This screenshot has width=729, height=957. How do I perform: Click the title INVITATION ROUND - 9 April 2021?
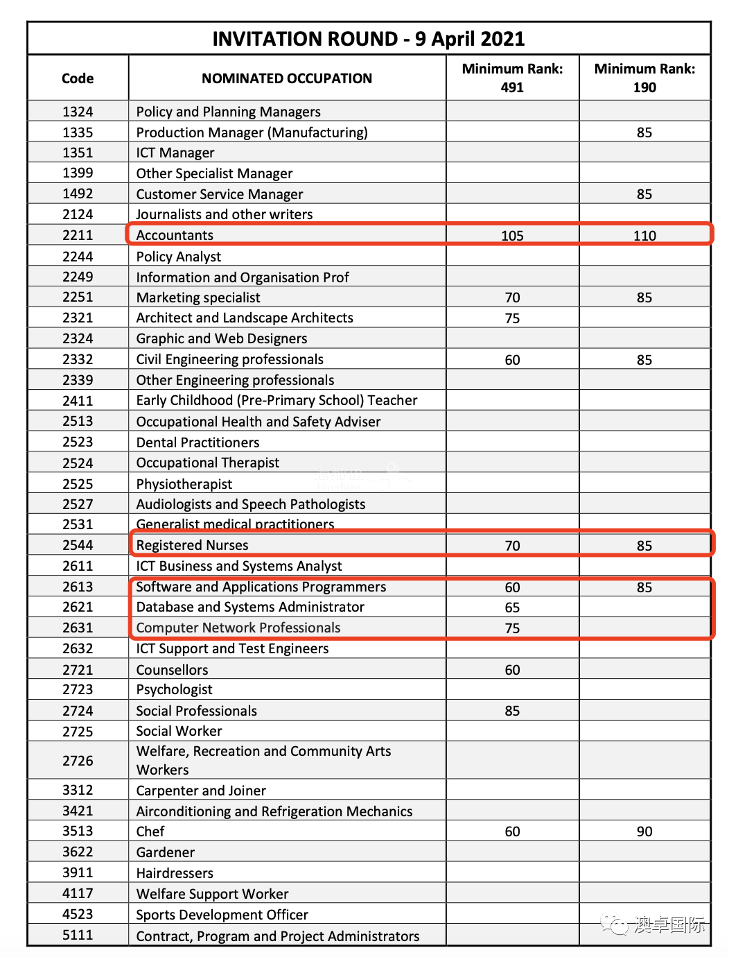pos(368,39)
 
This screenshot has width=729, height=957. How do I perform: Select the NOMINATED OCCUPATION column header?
pos(287,78)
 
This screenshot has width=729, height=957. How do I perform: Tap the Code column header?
pos(78,78)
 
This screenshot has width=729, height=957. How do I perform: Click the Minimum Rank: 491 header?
pos(512,78)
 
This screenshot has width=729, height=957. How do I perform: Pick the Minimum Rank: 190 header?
pos(644,78)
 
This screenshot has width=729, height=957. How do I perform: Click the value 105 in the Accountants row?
pos(512,236)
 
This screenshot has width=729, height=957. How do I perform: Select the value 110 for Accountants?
pos(644,236)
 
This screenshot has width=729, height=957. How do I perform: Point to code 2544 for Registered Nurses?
pos(78,545)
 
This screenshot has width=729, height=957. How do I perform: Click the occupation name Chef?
pos(150,831)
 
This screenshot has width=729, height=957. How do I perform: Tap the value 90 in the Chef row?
pos(644,831)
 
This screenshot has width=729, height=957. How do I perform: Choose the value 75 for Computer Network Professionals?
pos(512,628)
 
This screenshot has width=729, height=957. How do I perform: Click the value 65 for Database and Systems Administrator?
pos(512,607)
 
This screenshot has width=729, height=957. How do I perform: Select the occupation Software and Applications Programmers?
pos(261,587)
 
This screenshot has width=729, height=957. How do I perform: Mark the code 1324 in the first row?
pos(78,112)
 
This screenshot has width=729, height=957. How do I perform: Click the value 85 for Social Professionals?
pos(512,711)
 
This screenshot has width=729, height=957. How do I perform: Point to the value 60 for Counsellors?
pos(512,670)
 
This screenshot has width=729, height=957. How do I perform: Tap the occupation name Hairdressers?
pos(175,873)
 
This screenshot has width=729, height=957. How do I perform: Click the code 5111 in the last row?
pos(78,935)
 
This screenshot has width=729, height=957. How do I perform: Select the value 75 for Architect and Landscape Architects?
pos(512,318)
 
